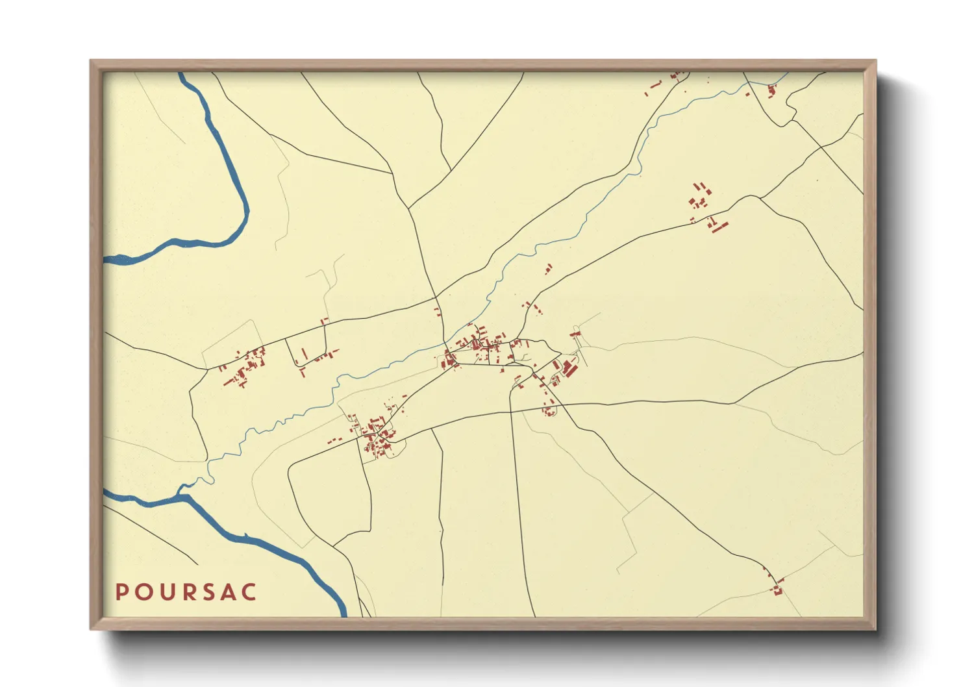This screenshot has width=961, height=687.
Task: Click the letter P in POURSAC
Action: coord(121,592)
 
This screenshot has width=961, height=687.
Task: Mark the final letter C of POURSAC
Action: coord(250,592)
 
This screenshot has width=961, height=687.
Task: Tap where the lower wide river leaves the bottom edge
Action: coord(342,614)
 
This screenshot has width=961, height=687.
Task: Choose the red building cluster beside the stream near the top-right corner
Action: coord(771,90)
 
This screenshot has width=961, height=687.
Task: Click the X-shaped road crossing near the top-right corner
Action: coord(821,147)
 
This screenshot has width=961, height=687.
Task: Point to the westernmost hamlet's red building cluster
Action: coord(245,368)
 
